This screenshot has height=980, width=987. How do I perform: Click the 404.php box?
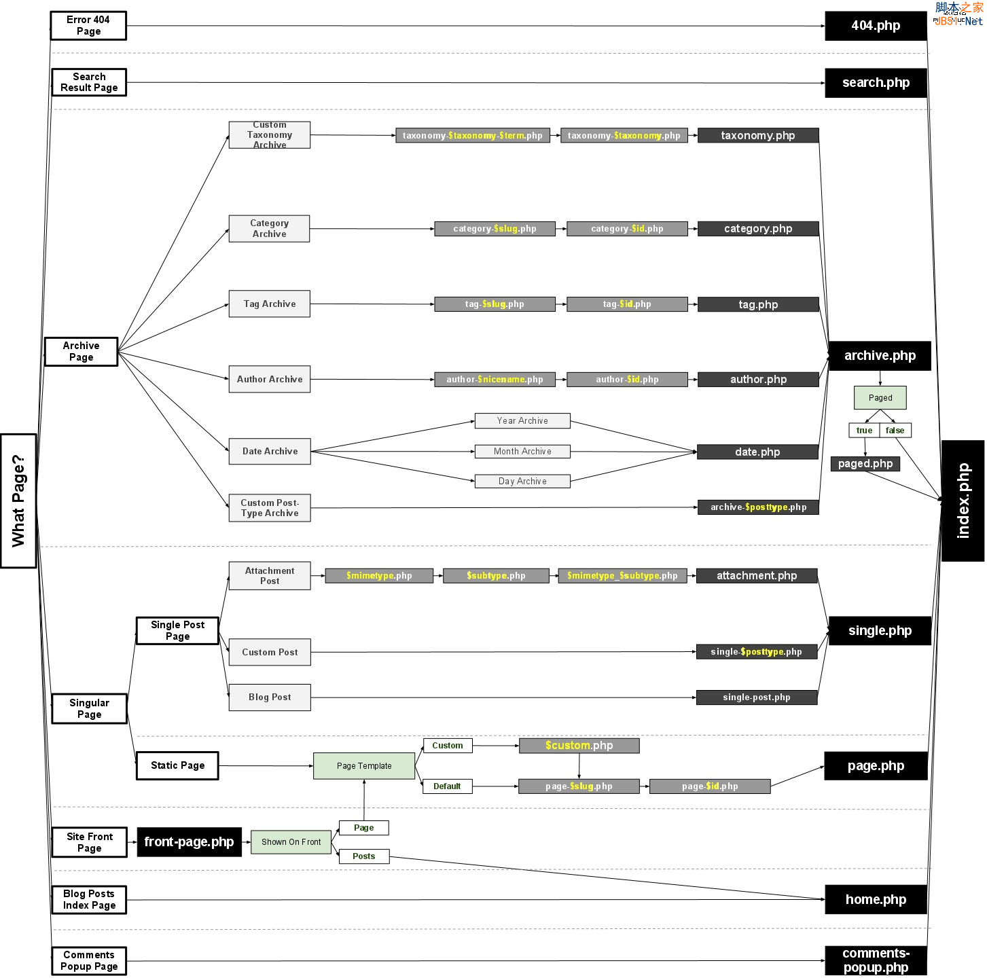pyautogui.click(x=876, y=26)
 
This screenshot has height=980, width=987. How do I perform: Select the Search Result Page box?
pyautogui.click(x=89, y=82)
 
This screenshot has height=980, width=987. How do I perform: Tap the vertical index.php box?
pyautogui.click(x=963, y=501)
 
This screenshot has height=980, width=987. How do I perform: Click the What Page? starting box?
pyautogui.click(x=18, y=501)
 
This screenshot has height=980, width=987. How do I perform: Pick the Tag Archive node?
pyautogui.click(x=270, y=304)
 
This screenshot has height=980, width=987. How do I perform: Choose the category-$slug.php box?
pyautogui.click(x=495, y=229)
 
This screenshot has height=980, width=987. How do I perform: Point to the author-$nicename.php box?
pyautogui.click(x=495, y=380)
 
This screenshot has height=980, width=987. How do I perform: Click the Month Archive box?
pyautogui.click(x=522, y=452)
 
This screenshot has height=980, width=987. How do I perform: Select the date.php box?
pyautogui.click(x=757, y=452)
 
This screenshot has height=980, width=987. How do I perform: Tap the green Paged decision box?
pyautogui.click(x=880, y=398)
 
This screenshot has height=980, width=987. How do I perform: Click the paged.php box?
pyautogui.click(x=865, y=464)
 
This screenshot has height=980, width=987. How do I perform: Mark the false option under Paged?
pyautogui.click(x=895, y=431)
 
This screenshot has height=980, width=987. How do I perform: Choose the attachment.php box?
pyautogui.click(x=757, y=576)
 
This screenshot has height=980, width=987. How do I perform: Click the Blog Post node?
pyautogui.click(x=270, y=697)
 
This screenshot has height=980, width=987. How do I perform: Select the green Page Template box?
pyautogui.click(x=364, y=766)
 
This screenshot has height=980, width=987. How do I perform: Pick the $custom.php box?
pyautogui.click(x=579, y=746)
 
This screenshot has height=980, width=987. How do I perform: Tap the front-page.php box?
pyautogui.click(x=189, y=842)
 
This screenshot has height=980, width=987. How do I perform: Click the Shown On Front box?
pyautogui.click(x=291, y=842)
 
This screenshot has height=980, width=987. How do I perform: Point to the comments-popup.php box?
pyautogui.click(x=876, y=961)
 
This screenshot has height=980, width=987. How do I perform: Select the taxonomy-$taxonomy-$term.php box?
pyautogui.click(x=473, y=136)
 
